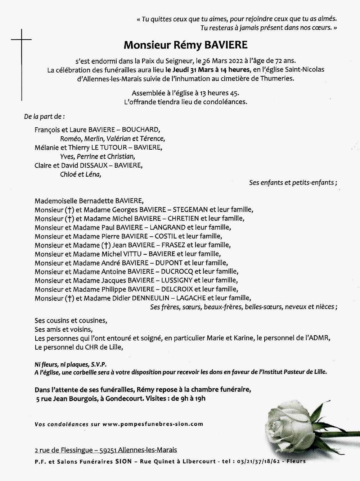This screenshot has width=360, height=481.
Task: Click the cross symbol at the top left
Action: point(22,39)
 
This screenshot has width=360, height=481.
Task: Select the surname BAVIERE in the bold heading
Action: point(226,45)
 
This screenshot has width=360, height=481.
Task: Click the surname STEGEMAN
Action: point(190,209)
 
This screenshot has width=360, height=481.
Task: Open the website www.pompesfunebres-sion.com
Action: point(153,424)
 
